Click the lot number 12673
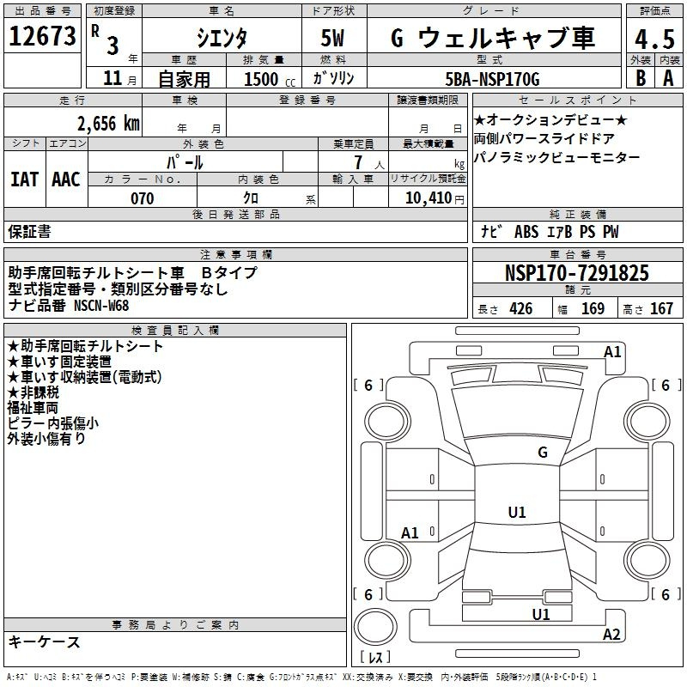[42, 36]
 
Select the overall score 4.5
[654, 40]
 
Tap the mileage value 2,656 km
[108, 124]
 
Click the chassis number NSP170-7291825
[576, 272]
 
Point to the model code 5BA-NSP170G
[492, 79]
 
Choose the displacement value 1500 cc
[270, 79]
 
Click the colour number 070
[142, 198]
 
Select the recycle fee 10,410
[429, 198]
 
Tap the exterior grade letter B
[641, 78]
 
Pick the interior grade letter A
[668, 78]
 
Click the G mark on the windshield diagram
[543, 453]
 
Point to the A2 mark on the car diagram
[611, 634]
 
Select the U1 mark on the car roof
[517, 512]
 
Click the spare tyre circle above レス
[375, 627]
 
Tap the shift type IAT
[24, 179]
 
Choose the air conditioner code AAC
[66, 179]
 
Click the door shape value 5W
[332, 38]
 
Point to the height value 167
[661, 308]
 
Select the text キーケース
[45, 642]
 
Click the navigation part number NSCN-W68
[101, 305]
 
